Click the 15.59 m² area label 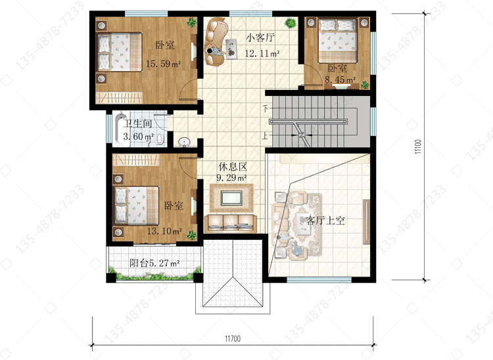(163, 64)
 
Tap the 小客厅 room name (260, 37)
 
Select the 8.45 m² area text (340, 79)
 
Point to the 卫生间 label (137, 123)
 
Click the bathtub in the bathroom (120, 129)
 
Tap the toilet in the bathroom (160, 139)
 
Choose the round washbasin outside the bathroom (184, 143)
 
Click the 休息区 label (233, 166)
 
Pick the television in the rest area (231, 198)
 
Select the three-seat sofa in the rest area (231, 223)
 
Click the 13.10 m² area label (164, 231)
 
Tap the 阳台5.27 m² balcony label (154, 263)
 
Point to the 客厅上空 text (325, 220)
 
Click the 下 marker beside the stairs (266, 108)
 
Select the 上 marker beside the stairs (266, 135)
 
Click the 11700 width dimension (233, 338)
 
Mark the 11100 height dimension (417, 146)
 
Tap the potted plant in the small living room (291, 23)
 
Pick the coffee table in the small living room (231, 48)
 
